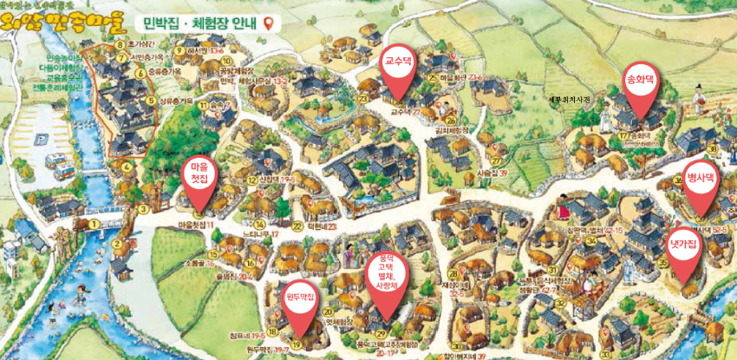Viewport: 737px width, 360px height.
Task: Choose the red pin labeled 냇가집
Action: click(x=682, y=252)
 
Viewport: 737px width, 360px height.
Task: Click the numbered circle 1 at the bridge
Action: click(x=93, y=223)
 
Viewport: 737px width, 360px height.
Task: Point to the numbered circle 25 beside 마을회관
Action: click(x=432, y=77)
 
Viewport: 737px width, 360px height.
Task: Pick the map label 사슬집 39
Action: click(x=491, y=173)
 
